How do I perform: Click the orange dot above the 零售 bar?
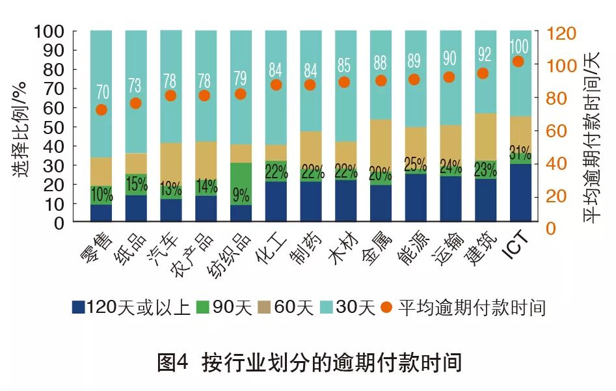[101, 109]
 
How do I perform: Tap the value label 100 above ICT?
[518, 47]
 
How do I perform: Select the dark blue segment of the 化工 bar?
[276, 202]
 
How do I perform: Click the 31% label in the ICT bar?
[518, 154]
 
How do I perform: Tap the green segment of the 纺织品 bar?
[241, 176]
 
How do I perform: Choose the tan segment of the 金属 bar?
[381, 144]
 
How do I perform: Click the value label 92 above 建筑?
[483, 55]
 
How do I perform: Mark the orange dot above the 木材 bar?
[345, 82]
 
